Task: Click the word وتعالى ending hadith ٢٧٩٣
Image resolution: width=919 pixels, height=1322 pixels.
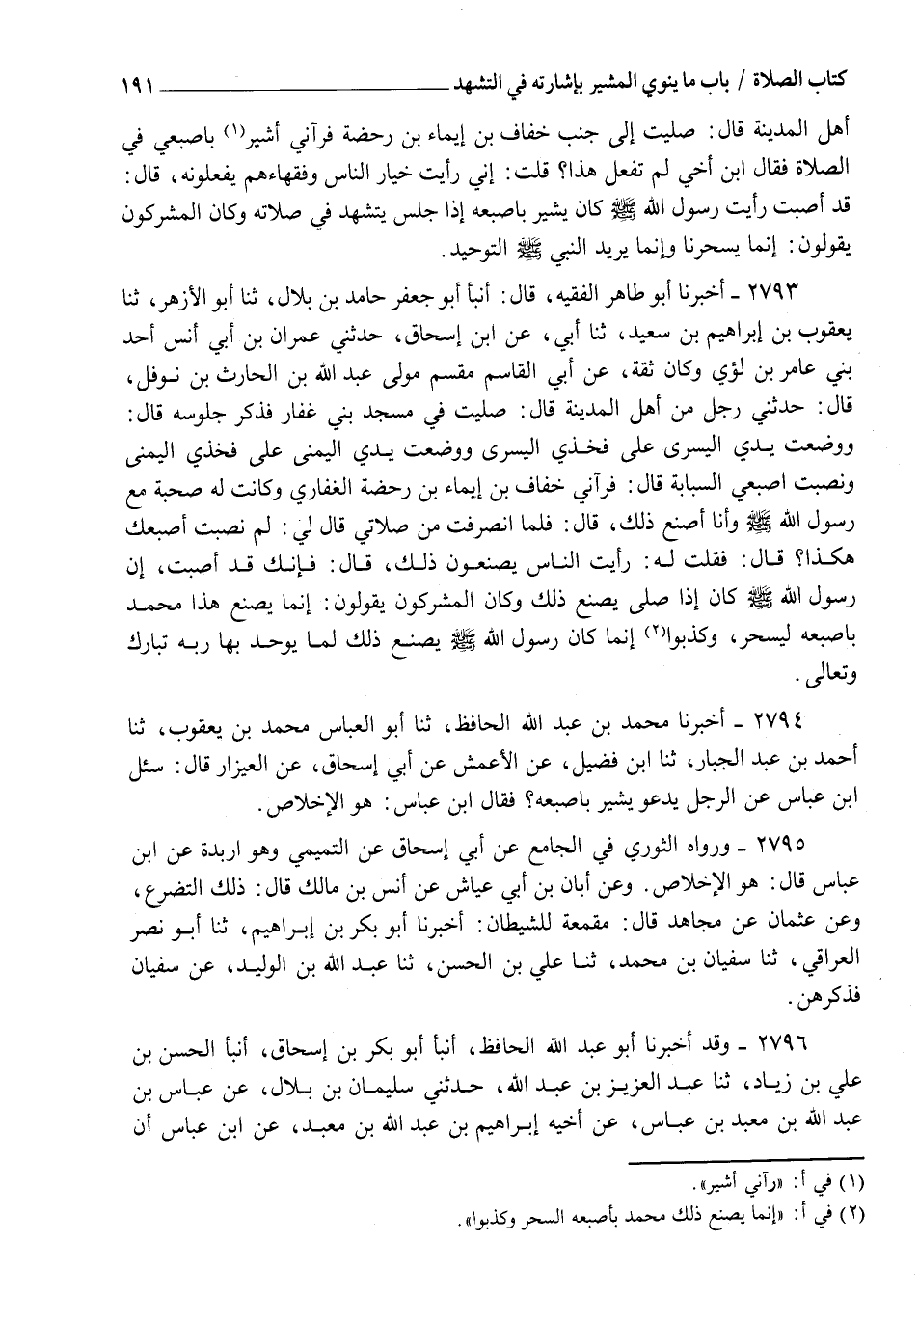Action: (x=814, y=678)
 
